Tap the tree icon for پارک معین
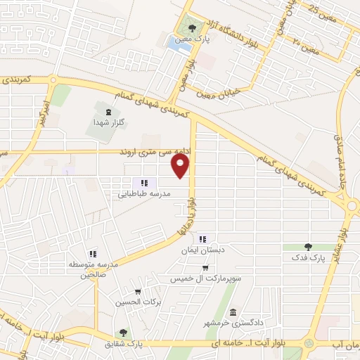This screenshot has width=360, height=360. coord(193,29)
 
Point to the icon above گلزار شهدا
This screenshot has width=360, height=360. coord(108,110)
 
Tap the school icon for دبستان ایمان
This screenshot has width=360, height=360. coord(203,239)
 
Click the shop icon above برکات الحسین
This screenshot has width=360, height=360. coord(138,291)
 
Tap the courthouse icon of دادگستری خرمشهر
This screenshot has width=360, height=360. coord(233,312)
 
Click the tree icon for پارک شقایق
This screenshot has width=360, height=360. coord(124,333)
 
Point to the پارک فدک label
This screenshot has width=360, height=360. coord(309,257)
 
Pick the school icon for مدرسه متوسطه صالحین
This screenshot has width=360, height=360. coord(92,254)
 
